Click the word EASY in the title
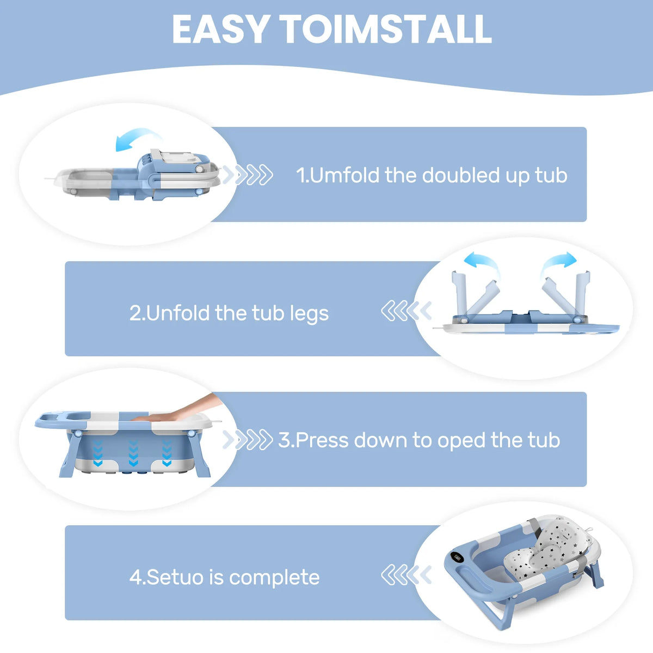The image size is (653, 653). point(220,29)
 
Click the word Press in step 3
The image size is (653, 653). point(322,440)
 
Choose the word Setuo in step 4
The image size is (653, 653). point(176,577)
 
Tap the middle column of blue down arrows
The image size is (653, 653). point(133,453)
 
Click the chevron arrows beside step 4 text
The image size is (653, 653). point(406,575)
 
